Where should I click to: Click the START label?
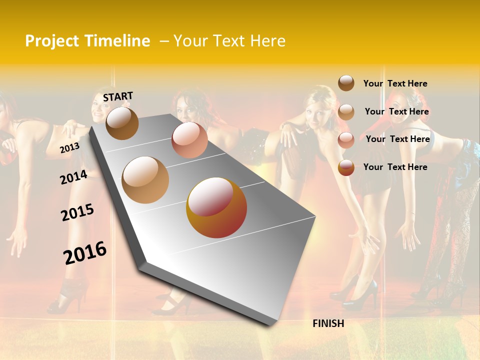[118, 96]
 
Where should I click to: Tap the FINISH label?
[328, 323]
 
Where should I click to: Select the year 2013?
[69, 147]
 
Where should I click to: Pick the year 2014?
[73, 177]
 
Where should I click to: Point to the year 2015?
[77, 212]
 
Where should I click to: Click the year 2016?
[85, 252]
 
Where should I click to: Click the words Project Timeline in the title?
[87, 41]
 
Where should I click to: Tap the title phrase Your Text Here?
[229, 41]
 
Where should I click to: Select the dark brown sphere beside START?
[122, 123]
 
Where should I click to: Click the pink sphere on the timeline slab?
[189, 139]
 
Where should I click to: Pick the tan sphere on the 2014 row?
[145, 179]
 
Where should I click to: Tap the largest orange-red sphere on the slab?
[216, 207]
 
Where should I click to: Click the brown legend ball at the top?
[346, 83]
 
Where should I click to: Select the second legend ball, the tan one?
[346, 112]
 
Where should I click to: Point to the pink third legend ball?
[346, 140]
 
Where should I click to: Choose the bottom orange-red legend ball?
[346, 167]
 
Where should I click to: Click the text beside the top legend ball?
[395, 83]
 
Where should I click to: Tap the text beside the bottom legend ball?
[395, 167]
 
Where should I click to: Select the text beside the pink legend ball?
[397, 139]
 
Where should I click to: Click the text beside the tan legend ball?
[396, 111]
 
